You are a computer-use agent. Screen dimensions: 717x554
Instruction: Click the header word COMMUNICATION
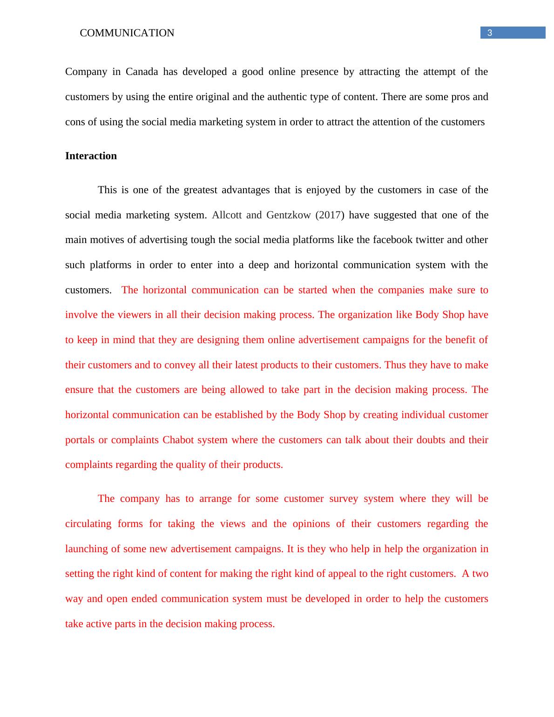(127, 33)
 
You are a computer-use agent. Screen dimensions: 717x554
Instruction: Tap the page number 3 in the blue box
(489, 33)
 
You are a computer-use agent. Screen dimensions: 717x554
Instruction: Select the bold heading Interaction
(91, 156)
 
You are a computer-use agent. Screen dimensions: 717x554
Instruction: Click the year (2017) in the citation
(330, 215)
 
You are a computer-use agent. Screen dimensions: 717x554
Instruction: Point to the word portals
(79, 440)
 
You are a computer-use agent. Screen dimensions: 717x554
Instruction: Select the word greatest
(201, 190)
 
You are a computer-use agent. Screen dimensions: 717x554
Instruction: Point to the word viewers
(134, 315)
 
